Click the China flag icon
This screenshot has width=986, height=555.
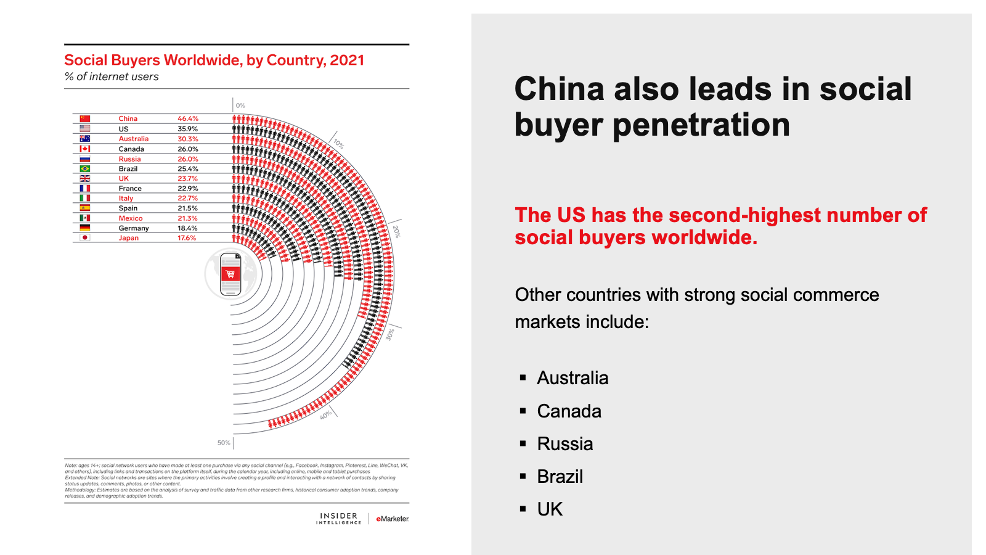pyautogui.click(x=85, y=118)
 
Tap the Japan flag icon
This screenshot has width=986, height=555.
pyautogui.click(x=85, y=237)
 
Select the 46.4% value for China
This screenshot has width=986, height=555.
pyautogui.click(x=188, y=118)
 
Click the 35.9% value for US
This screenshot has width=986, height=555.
pyautogui.click(x=188, y=129)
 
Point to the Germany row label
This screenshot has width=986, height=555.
pyautogui.click(x=134, y=228)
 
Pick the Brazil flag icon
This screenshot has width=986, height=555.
pyautogui.click(x=85, y=168)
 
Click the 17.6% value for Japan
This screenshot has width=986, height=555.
pyautogui.click(x=187, y=237)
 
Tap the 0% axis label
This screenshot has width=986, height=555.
pyautogui.click(x=240, y=105)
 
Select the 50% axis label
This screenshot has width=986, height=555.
pyautogui.click(x=223, y=443)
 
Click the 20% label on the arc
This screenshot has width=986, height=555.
pyautogui.click(x=396, y=232)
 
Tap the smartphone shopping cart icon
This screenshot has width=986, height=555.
pyautogui.click(x=230, y=274)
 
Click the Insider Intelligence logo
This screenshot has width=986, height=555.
pyautogui.click(x=338, y=519)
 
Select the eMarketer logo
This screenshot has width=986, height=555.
pyautogui.click(x=393, y=519)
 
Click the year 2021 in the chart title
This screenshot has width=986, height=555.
pyautogui.click(x=347, y=60)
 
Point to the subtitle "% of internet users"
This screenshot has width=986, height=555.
pyautogui.click(x=112, y=76)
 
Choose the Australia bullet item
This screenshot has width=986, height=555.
pyautogui.click(x=572, y=378)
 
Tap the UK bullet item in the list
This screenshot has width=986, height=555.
pyautogui.click(x=550, y=509)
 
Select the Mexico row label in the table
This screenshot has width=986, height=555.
pyautogui.click(x=131, y=218)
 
